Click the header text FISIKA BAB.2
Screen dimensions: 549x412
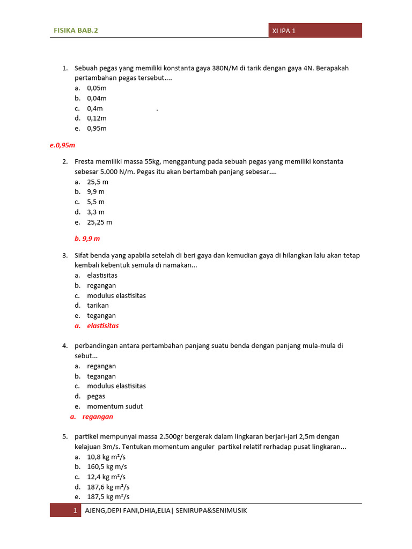point(76,31)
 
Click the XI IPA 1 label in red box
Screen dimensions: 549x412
point(284,31)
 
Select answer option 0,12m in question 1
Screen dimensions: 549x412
point(97,118)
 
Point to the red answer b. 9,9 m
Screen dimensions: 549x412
point(87,238)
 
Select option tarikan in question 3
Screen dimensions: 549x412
point(98,306)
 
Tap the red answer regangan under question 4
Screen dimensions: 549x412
point(98,417)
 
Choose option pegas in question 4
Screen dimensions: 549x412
point(96,396)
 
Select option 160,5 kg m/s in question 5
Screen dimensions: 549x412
point(107,466)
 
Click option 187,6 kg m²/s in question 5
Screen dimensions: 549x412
point(108,487)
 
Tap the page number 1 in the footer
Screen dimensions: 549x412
point(76,510)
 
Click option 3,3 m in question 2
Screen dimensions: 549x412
point(96,212)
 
